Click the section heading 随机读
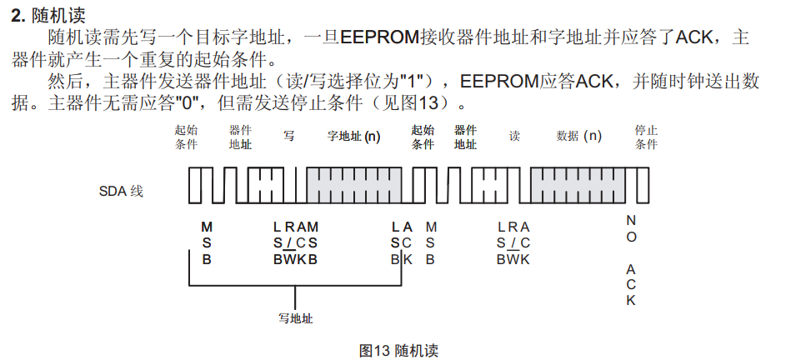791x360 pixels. point(58,14)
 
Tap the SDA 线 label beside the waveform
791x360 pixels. point(121,191)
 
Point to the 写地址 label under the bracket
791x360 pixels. point(296,317)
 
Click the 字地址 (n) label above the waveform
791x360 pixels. point(353,137)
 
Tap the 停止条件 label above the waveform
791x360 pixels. point(646,137)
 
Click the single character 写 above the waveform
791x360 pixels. point(288,137)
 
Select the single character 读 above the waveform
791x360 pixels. point(514,137)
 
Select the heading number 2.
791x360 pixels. point(17,14)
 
